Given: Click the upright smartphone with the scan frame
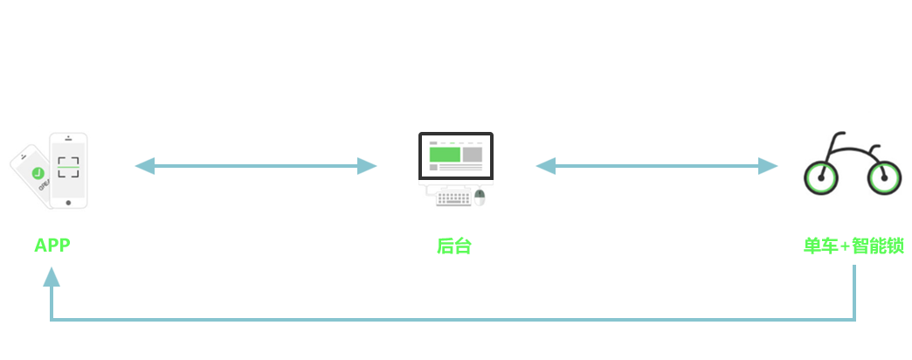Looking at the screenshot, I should point(68,171).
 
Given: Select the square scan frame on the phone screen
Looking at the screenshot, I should point(68,167).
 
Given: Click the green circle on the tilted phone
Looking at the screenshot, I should point(38,173).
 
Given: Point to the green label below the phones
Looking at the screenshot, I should point(52,246).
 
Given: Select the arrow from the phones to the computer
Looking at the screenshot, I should point(255,166).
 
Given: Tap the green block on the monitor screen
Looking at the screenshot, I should point(445,155).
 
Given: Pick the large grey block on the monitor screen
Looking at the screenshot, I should point(472,155).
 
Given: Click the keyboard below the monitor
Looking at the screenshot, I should point(453,198).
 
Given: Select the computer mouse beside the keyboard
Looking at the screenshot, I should point(479,197).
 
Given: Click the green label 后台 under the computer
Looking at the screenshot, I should point(454,246).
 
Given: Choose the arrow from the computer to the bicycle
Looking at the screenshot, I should point(656,166).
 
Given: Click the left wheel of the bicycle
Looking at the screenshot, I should point(820,177).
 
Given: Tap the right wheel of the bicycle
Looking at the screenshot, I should point(883,177).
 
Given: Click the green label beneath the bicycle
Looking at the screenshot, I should point(853,246).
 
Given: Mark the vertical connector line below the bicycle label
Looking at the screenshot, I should point(853,291).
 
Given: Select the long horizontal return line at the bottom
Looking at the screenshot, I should point(453,320).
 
